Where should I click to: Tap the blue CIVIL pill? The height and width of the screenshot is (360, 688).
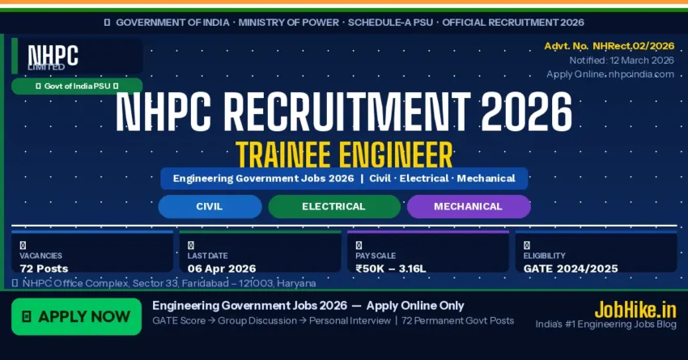pos(210,206)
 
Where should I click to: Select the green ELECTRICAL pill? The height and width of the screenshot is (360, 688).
pos(333,206)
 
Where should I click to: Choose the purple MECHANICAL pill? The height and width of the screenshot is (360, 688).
pos(468,206)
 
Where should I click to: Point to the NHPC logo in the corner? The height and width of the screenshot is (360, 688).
pos(53,55)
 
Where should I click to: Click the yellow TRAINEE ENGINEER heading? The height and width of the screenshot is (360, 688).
pos(344,153)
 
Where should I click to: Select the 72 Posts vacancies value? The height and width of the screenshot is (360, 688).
pos(44,269)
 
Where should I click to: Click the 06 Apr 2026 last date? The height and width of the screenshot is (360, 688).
pos(222,269)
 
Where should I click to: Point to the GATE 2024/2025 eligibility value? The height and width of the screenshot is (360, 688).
pos(571,269)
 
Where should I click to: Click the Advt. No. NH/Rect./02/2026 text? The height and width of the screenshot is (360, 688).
pos(609,47)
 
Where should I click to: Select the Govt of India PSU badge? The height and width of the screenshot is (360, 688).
pos(77,86)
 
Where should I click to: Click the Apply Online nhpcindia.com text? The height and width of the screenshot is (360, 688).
pos(610,74)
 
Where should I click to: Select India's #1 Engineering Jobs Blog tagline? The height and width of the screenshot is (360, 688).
pos(605,324)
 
